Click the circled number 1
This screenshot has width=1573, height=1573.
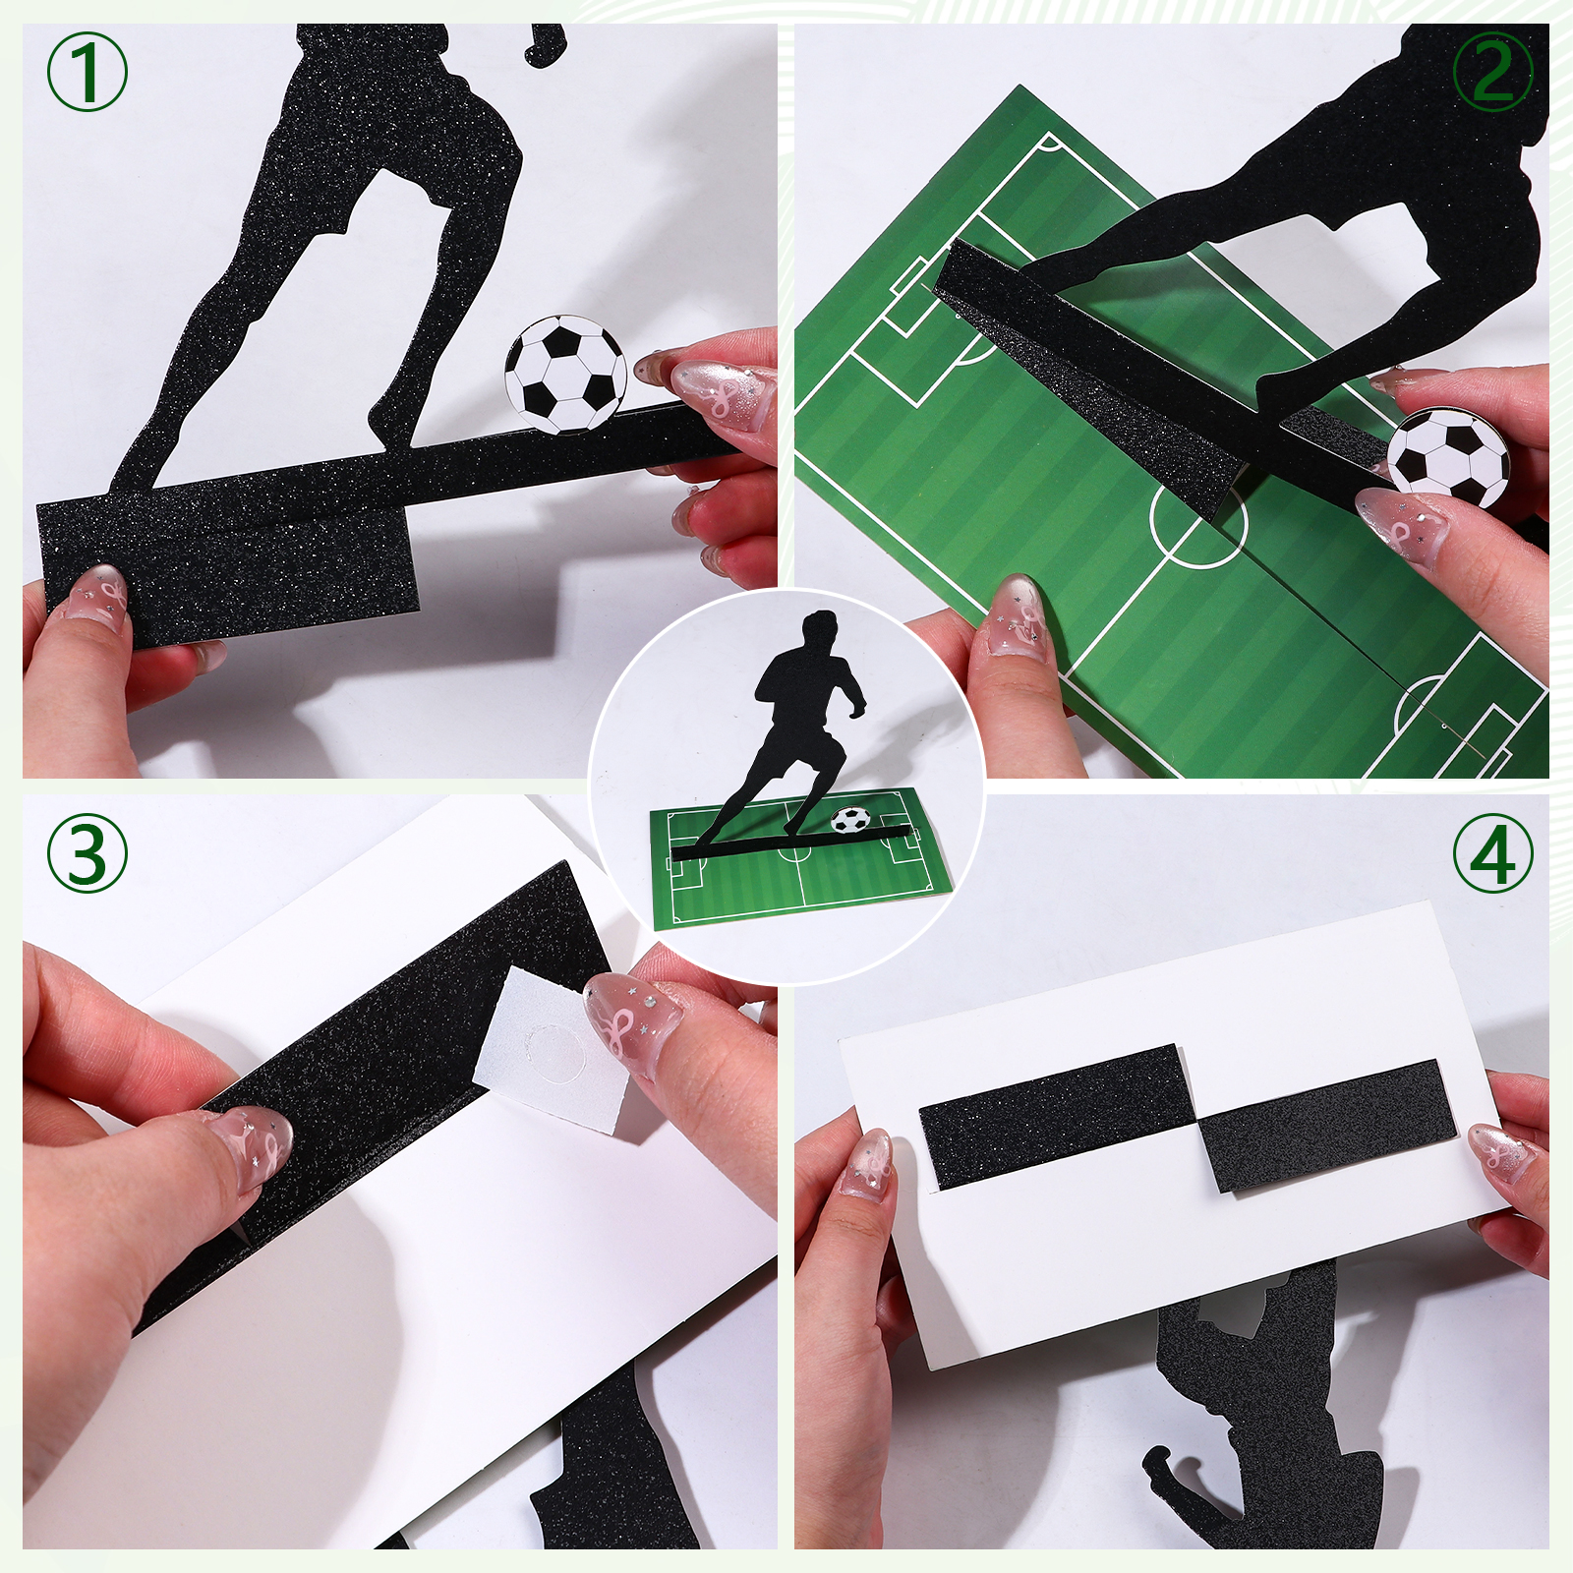[x=87, y=73]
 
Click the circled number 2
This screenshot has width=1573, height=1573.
[x=1492, y=73]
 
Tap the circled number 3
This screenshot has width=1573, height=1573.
[x=87, y=853]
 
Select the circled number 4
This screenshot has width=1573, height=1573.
[x=1492, y=853]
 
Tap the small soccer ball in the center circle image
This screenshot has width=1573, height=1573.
[x=850, y=818]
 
